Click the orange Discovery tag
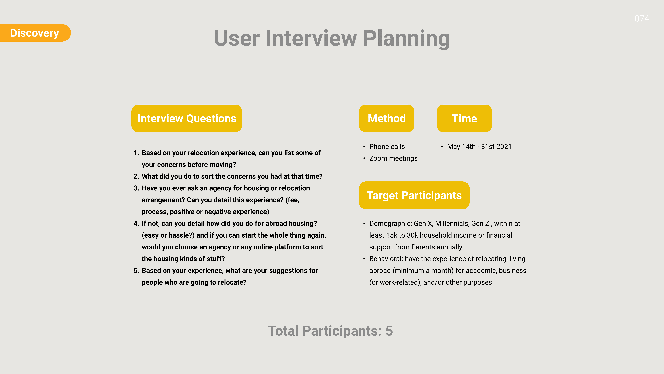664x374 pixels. (35, 33)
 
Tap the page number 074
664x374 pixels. (642, 19)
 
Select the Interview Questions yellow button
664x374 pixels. (187, 118)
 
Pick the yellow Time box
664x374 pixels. (464, 118)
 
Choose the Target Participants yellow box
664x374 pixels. (414, 195)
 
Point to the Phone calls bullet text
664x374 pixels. (387, 147)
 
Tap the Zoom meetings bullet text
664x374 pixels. (393, 159)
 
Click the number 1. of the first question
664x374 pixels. (136, 153)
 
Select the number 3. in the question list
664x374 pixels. (136, 188)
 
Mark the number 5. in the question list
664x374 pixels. (136, 270)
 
